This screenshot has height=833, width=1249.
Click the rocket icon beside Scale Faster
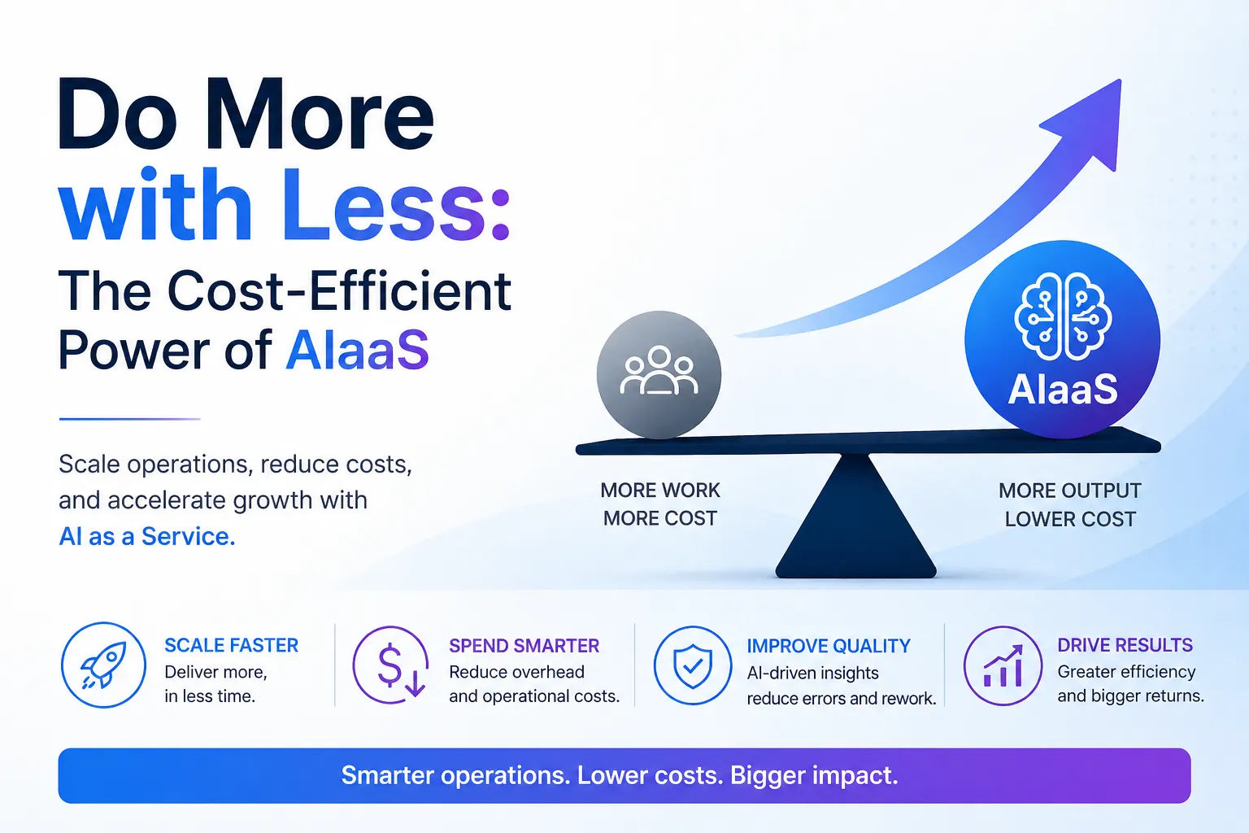point(104,665)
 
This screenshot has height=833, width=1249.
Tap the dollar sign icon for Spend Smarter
point(391,665)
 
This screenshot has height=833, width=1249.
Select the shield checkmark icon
point(693,665)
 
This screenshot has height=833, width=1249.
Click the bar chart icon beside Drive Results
point(1003,665)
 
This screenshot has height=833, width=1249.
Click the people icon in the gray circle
point(659,370)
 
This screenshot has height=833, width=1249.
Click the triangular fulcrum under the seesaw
point(856,516)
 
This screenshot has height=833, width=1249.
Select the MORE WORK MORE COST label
point(660,504)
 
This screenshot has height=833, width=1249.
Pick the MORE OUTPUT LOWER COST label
point(1070,505)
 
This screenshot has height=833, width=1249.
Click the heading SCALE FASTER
point(232,646)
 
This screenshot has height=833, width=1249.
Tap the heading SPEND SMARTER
point(524,646)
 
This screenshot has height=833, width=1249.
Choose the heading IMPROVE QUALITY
point(829,646)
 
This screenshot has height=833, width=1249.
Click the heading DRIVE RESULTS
point(1125,646)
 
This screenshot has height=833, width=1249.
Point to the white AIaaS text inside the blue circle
point(1063,389)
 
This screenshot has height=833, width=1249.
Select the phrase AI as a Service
point(147,536)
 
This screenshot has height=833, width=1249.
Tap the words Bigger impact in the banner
point(814,775)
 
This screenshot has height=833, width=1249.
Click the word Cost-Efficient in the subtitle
point(339,290)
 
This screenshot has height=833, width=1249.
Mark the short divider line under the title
point(129,419)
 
